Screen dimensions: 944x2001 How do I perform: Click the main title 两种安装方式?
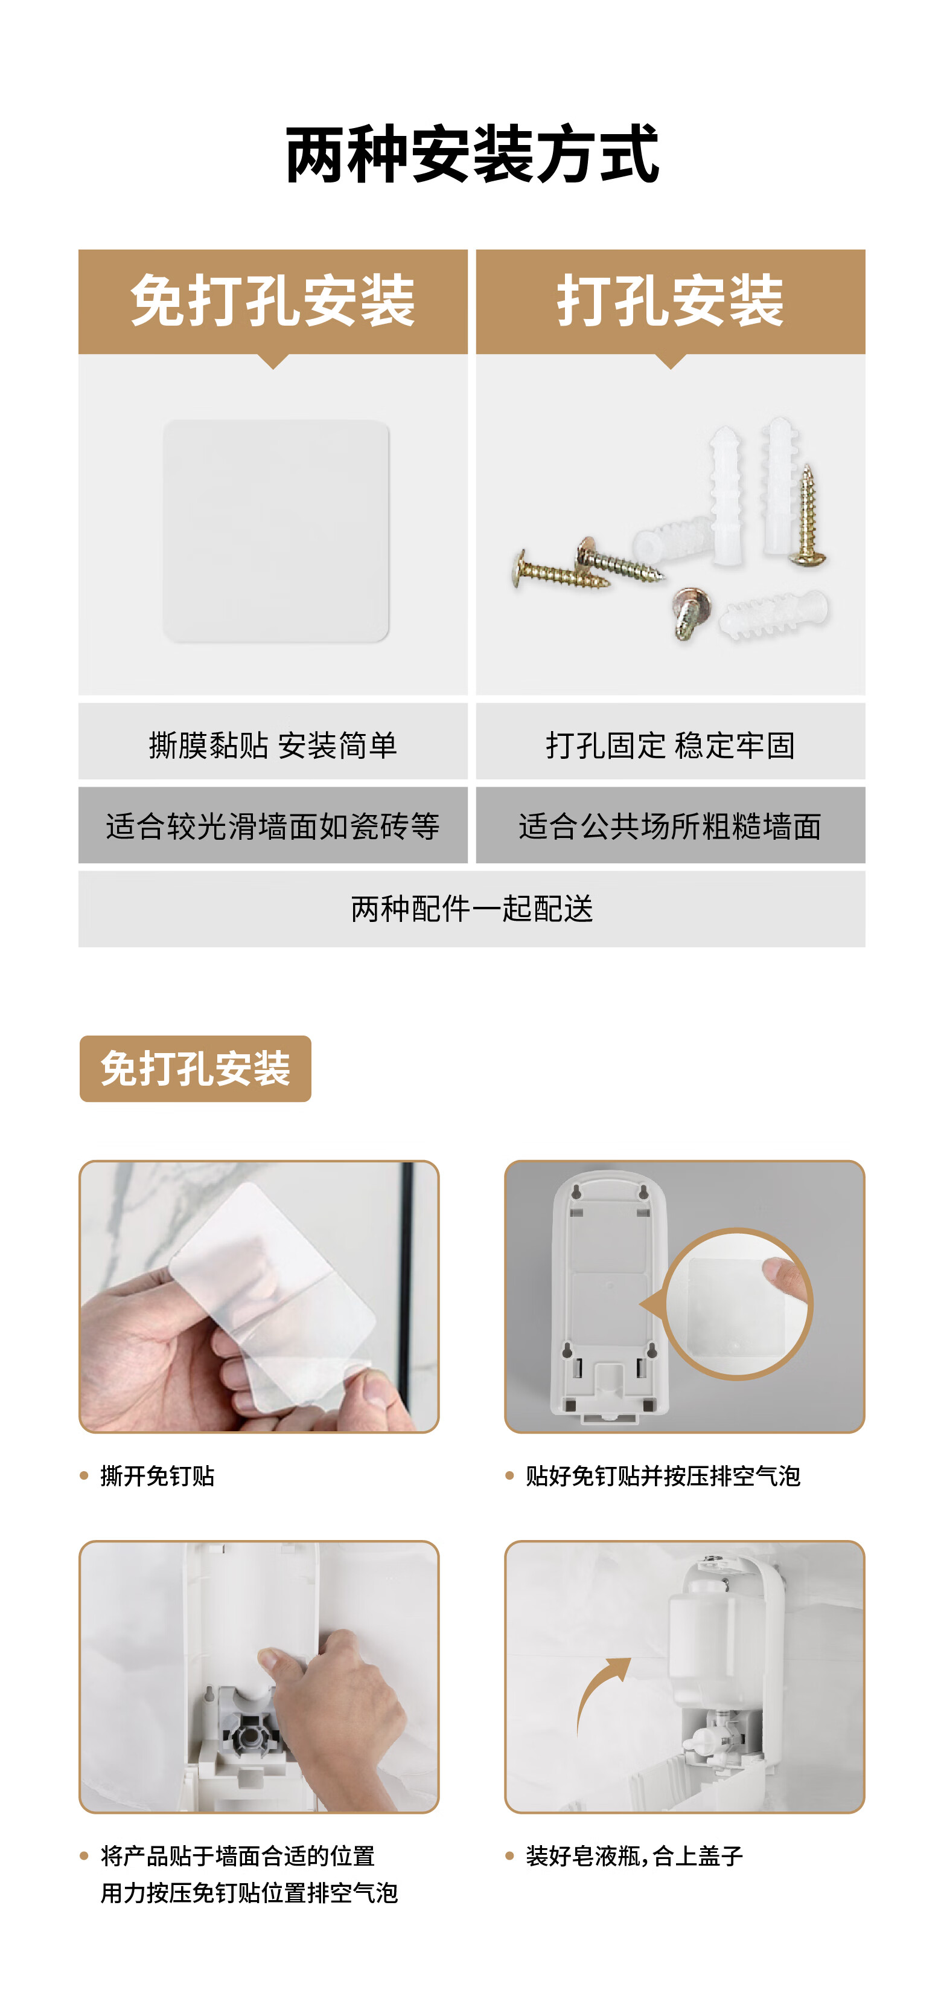coord(472,155)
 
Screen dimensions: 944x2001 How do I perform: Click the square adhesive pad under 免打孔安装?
coord(276,531)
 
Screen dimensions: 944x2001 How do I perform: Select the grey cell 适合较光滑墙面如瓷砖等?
coord(272,825)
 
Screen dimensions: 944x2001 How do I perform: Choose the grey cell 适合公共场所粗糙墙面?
coord(670,825)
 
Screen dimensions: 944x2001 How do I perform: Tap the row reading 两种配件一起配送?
coord(472,909)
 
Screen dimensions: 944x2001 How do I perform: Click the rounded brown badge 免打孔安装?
coord(195,1069)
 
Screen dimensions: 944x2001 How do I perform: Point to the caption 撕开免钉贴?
coord(158,1476)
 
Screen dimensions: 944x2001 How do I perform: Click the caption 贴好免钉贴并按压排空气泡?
coord(663,1476)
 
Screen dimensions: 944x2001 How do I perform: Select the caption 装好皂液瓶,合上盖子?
coord(634,1856)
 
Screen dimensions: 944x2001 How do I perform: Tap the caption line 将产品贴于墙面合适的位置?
coord(238,1856)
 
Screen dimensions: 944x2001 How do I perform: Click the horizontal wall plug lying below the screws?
coord(773,612)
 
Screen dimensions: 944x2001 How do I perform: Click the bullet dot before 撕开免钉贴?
coord(84,1476)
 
